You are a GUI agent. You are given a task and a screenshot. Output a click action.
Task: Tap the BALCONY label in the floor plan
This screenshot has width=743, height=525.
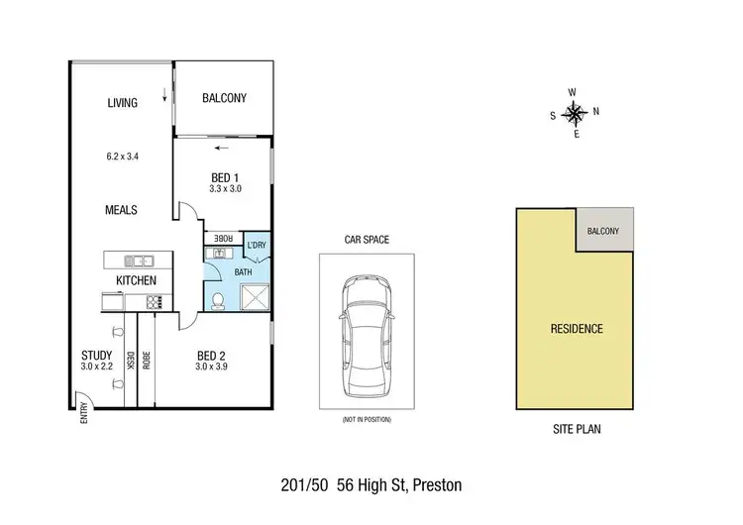pyautogui.click(x=224, y=98)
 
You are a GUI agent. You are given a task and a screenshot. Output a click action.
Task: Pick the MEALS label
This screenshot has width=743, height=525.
pyautogui.click(x=121, y=210)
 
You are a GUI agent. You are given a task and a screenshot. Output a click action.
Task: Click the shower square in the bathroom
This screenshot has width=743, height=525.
pyautogui.click(x=255, y=295)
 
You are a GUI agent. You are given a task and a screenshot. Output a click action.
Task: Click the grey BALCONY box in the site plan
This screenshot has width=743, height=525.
pyautogui.click(x=603, y=231)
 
